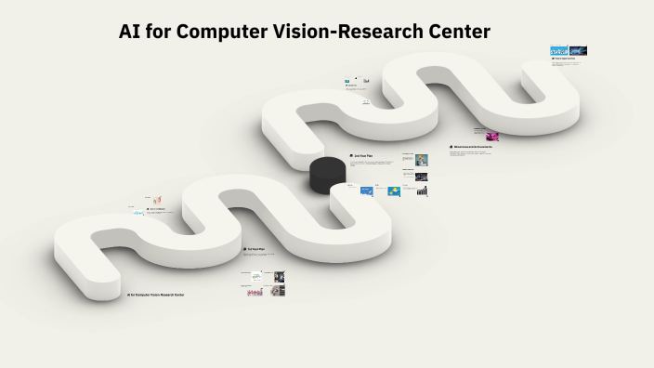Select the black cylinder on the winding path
(326, 176)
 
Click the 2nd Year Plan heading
(363, 155)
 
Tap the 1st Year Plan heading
(257, 249)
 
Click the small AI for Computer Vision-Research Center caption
(155, 295)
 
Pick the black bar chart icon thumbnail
(422, 191)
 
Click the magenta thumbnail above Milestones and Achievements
(491, 136)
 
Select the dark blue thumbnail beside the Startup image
(578, 51)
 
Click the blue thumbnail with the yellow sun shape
(394, 191)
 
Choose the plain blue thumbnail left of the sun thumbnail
(366, 191)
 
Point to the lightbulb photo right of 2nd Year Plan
(422, 160)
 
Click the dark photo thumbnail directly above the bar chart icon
(422, 176)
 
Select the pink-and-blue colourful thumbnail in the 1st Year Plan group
(255, 291)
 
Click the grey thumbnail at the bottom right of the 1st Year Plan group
(279, 291)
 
